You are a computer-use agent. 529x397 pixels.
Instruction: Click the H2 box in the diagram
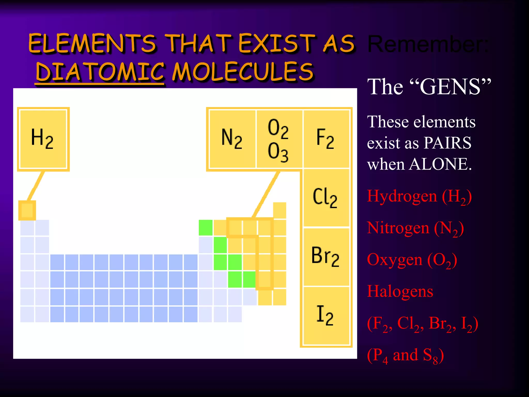(x=43, y=139)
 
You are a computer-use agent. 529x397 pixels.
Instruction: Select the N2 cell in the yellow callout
(x=232, y=139)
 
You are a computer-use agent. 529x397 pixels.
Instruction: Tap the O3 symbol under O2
(x=278, y=152)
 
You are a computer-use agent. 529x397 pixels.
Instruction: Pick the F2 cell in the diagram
(x=325, y=139)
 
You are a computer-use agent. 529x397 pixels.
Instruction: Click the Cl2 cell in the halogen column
(x=325, y=198)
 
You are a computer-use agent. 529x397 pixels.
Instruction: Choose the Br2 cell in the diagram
(x=325, y=256)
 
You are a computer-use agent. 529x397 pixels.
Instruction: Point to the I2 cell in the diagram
(x=325, y=315)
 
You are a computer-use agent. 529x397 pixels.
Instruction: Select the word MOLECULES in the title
(x=243, y=72)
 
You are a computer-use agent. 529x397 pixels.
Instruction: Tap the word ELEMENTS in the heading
(x=92, y=43)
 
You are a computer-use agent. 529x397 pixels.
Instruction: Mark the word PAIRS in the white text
(x=447, y=143)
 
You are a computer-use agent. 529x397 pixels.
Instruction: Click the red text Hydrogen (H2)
(x=419, y=196)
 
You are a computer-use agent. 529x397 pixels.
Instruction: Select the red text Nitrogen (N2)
(x=415, y=228)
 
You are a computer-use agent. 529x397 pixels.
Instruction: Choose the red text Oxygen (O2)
(x=412, y=260)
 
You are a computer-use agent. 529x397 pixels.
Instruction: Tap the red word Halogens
(x=400, y=292)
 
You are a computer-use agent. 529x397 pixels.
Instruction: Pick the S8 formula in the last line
(x=430, y=356)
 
